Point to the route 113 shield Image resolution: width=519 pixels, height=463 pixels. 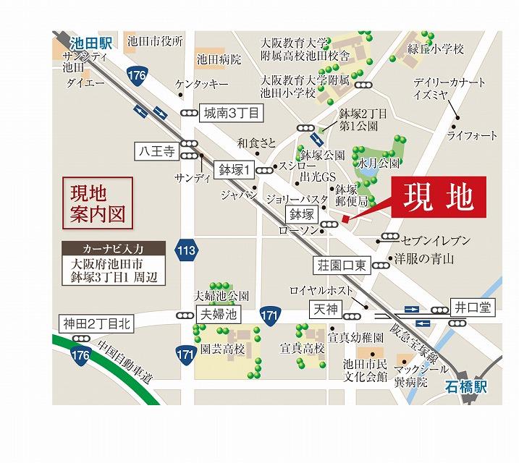[x=186, y=251]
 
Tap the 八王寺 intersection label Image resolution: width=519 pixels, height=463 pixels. [x=156, y=152]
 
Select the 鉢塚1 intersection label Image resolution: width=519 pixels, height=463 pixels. [x=235, y=170]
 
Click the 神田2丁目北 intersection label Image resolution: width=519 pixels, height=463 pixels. [x=96, y=323]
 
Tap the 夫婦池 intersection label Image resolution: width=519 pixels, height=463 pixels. [x=217, y=315]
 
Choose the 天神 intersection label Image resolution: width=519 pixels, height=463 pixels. [x=324, y=310]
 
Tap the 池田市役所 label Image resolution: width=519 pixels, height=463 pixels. [x=153, y=42]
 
